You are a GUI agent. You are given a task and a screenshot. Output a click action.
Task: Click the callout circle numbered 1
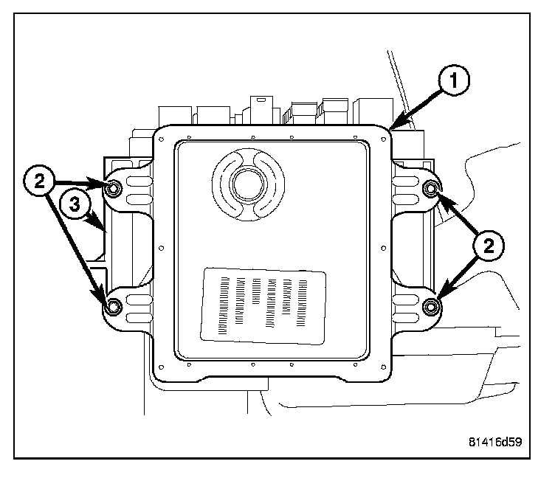coord(453,80)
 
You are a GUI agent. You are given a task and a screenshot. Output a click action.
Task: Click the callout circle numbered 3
coord(75,204)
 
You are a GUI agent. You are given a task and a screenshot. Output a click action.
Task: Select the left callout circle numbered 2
coord(39,181)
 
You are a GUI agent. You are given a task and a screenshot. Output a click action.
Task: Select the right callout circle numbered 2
coord(489,246)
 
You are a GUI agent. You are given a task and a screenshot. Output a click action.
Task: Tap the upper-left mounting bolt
coord(113,189)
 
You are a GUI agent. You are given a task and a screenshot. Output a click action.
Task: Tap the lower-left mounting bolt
coord(113,306)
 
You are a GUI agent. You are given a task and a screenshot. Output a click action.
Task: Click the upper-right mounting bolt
coord(431,189)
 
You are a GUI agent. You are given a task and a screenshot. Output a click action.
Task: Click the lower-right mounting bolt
coord(431,306)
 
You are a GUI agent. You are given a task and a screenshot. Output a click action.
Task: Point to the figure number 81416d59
coord(495,442)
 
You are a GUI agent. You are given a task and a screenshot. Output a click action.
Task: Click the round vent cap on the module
coord(248,184)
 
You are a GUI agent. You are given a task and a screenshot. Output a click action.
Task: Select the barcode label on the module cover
coord(263,306)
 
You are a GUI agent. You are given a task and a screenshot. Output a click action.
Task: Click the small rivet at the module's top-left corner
coord(162,139)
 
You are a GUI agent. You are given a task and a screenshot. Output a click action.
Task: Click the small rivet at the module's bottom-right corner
coord(384,367)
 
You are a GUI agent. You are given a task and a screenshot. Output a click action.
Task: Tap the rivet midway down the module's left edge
coord(162,248)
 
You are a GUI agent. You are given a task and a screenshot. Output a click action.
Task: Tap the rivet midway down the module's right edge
coord(384,248)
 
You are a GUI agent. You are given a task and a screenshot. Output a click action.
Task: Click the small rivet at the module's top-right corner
coord(384,139)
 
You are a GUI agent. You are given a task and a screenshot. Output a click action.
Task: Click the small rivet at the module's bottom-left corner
coord(162,367)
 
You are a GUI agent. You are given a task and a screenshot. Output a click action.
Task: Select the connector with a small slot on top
coord(261,110)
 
